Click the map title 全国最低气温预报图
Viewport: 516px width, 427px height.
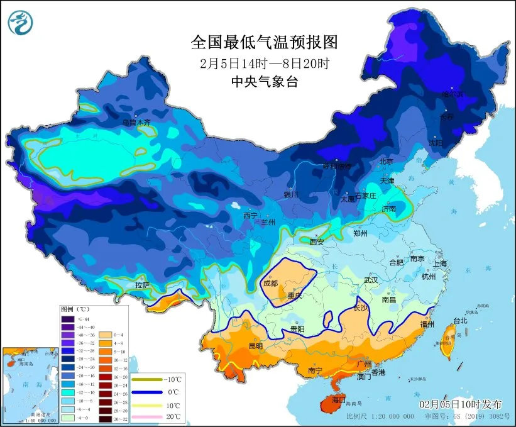tap(264, 43)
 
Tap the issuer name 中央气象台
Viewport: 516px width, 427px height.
tap(264, 81)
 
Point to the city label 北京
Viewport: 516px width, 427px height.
tap(386, 162)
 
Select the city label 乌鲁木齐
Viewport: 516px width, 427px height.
tap(136, 123)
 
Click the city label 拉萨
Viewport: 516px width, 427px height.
tap(142, 285)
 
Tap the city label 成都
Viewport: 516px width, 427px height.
tap(270, 283)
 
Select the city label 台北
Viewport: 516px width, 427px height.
tap(460, 320)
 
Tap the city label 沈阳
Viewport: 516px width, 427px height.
tap(435, 143)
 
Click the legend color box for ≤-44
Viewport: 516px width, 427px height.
tap(67, 319)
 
